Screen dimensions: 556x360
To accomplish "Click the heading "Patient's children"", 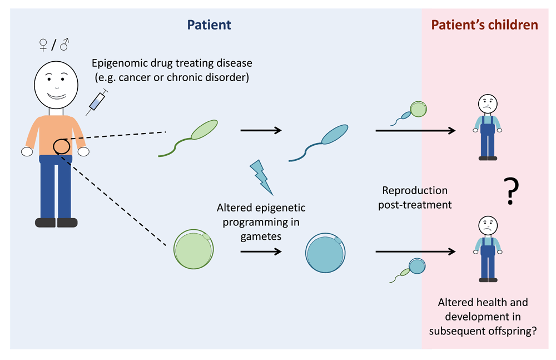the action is coord(484,25).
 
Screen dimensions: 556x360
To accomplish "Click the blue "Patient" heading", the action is coord(209,25).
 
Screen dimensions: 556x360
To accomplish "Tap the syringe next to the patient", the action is coord(97,102).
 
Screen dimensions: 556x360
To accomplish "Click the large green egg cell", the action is coord(193,249).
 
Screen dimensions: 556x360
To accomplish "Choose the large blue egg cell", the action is coord(325,253).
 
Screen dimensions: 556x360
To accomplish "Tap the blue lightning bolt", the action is coord(262,177).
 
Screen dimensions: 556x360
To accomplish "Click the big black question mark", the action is coord(511,191).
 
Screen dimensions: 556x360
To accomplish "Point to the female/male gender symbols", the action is coord(54,45).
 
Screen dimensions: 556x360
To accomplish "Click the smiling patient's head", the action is coord(56,85).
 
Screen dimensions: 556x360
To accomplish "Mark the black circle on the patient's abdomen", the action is coord(61,146).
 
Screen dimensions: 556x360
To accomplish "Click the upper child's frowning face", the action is coord(488,103).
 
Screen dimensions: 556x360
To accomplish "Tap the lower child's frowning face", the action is coord(488,225).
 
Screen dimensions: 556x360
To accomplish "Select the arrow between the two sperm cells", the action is coord(261,131).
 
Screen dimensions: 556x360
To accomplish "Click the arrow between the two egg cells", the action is coord(261,251).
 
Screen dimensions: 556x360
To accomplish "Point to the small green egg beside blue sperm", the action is coord(419,109).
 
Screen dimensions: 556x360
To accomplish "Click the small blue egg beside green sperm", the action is coord(417,266).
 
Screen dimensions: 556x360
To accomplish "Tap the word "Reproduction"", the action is coord(415,191).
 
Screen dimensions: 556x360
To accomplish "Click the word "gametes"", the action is coord(261,236).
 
